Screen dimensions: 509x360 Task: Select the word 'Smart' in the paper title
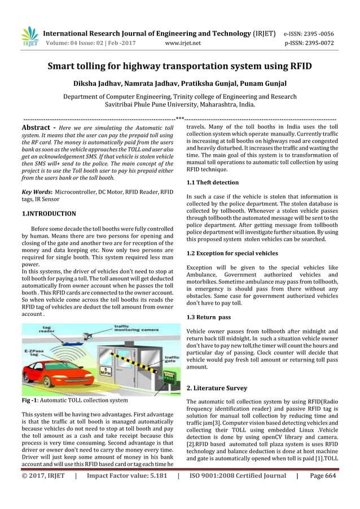click(65, 66)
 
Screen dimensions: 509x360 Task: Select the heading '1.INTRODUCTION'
click(49, 214)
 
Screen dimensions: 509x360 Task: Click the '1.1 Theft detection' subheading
click(212, 183)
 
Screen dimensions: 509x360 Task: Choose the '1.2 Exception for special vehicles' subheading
click(232, 253)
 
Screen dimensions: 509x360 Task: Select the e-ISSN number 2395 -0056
click(329, 33)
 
